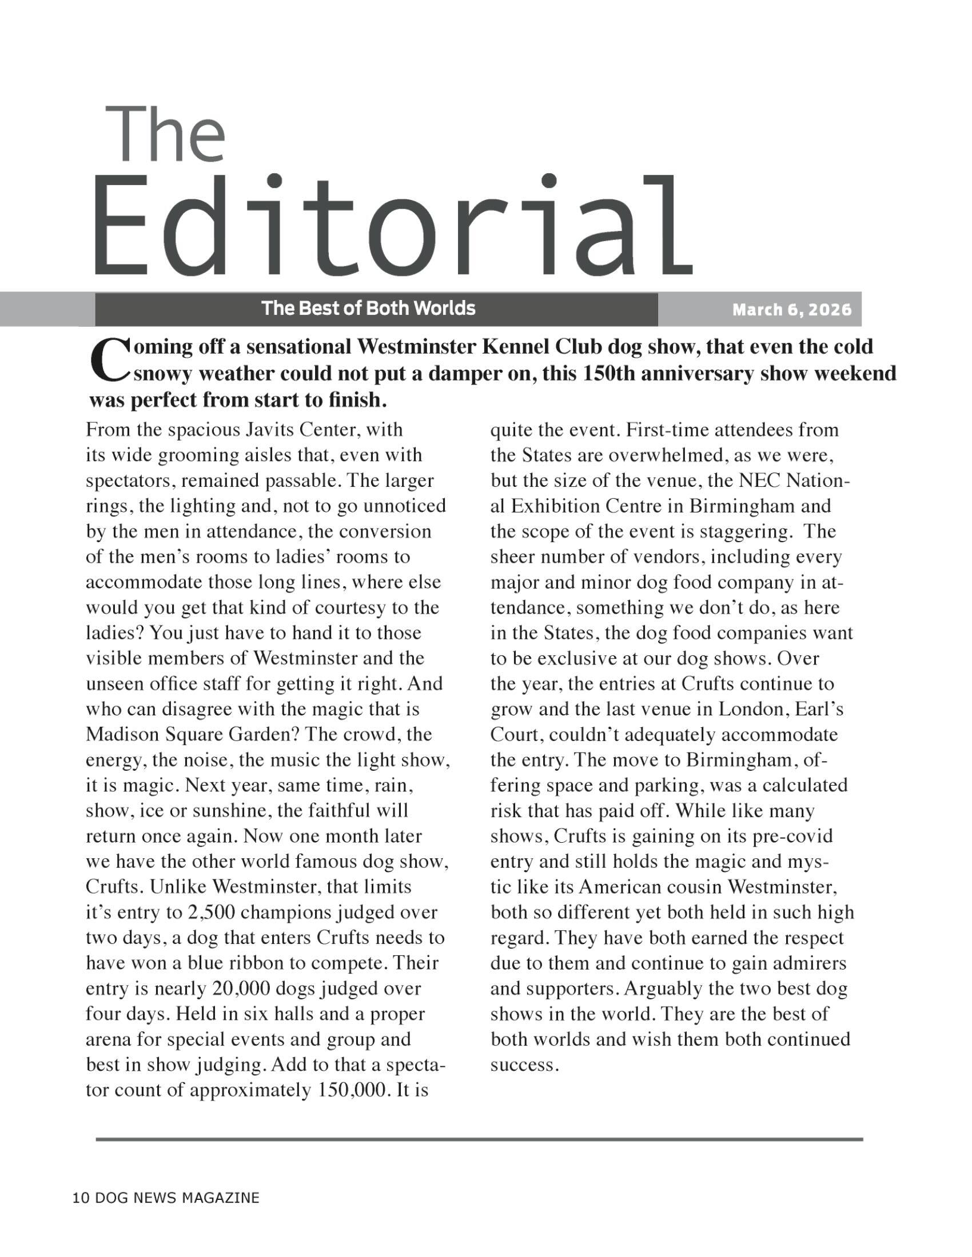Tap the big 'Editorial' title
tap(392, 227)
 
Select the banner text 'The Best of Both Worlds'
tap(369, 309)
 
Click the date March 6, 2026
tap(791, 310)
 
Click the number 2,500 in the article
tap(210, 913)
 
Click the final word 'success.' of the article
tap(524, 1066)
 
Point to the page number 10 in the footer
tap(81, 1198)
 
